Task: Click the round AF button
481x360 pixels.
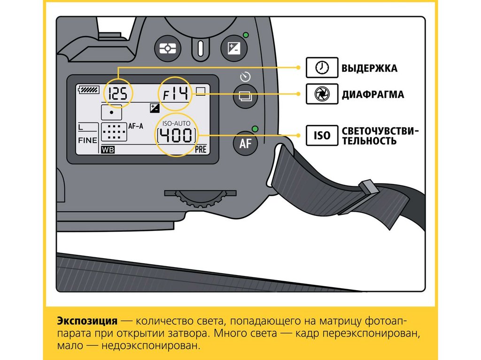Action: pos(246,144)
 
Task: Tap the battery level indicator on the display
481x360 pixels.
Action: pos(86,90)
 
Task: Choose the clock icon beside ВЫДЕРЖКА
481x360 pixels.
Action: pos(322,68)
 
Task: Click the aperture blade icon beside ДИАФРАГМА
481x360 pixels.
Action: pos(322,94)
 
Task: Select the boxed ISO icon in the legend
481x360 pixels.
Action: pos(322,136)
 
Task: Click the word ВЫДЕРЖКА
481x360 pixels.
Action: pos(369,69)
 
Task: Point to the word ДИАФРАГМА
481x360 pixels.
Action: pos(372,94)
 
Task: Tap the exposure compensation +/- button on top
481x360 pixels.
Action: pos(233,48)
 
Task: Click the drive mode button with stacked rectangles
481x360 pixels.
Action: pos(246,96)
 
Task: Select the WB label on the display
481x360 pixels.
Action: pos(107,150)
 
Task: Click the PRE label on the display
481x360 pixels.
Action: pos(201,150)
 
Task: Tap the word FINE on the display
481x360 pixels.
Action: pos(87,140)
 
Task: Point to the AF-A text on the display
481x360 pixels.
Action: pos(136,126)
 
